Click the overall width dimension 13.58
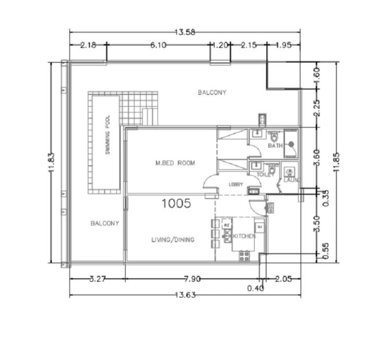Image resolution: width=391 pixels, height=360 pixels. pos(185,32)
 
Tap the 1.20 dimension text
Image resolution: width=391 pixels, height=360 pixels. pos(220,45)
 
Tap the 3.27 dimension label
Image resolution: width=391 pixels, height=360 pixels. pos(97,279)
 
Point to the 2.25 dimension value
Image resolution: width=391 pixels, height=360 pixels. pos(317,107)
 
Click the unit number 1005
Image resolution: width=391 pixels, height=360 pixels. pos(176,203)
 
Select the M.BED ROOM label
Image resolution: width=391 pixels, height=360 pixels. pos(175,163)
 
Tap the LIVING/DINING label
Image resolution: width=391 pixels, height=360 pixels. pos(172,240)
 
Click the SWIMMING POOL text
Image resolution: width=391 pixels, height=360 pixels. pos(108,135)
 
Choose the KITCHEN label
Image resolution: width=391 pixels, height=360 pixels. pos(244,236)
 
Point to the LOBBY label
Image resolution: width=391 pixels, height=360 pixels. pos(236,184)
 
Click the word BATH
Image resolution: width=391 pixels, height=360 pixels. pos(275,146)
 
